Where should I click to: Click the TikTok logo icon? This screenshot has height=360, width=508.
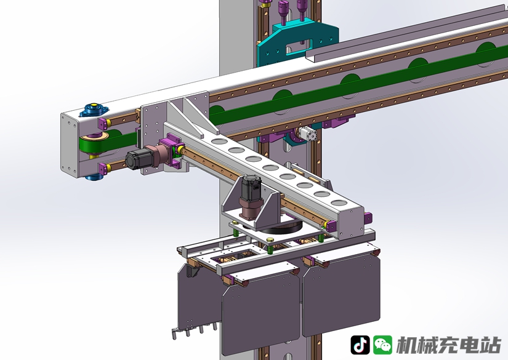pos(360,345)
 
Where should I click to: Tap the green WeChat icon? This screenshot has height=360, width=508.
pos(382,345)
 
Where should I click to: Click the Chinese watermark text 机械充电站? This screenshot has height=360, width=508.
pos(449,345)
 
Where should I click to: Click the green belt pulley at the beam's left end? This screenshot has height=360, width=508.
pos(94,145)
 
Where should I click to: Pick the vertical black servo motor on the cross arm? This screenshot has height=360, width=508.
pos(252,188)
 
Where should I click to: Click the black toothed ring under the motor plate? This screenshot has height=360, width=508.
pos(281,226)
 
